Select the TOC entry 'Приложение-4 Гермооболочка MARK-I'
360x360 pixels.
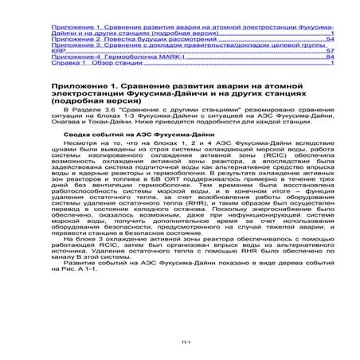[108, 57]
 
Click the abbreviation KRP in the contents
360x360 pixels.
[57, 51]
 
